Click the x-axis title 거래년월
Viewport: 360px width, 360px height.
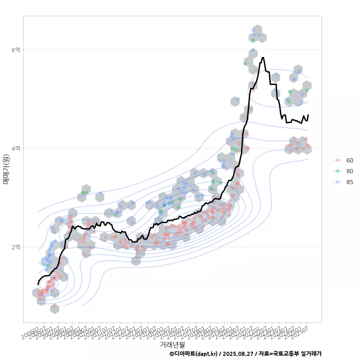pyautogui.click(x=172, y=344)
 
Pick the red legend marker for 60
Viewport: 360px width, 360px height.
pyautogui.click(x=337, y=160)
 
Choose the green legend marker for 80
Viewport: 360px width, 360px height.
pyautogui.click(x=337, y=171)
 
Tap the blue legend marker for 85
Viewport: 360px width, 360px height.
pyautogui.click(x=337, y=182)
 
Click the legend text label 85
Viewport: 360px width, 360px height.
pyautogui.click(x=349, y=182)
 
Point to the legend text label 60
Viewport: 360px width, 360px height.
pyautogui.click(x=349, y=160)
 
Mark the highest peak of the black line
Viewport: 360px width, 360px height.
pyautogui.click(x=263, y=58)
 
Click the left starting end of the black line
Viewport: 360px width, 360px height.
pyautogui.click(x=38, y=284)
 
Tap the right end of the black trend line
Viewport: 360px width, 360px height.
pyautogui.click(x=308, y=115)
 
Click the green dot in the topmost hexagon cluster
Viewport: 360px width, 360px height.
pyautogui.click(x=253, y=40)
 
